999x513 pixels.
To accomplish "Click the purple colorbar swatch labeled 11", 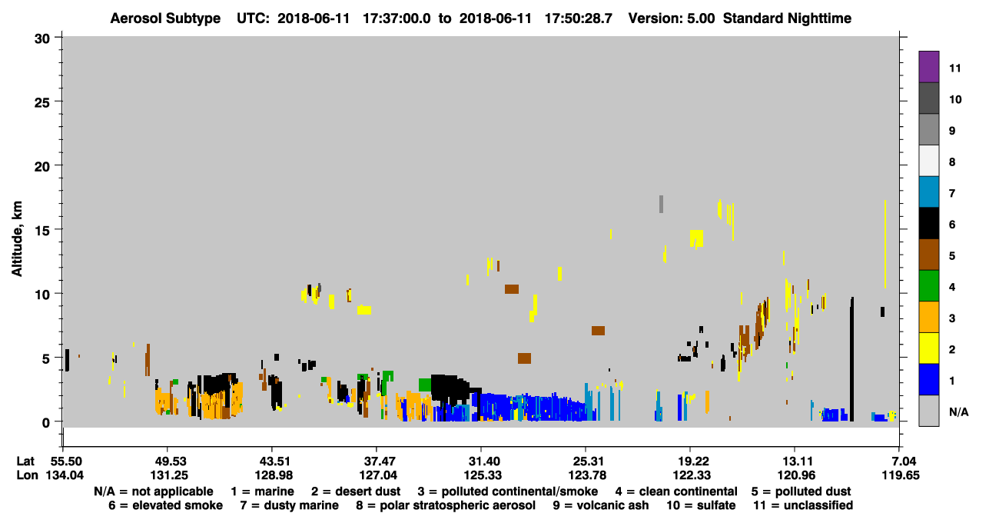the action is pyautogui.click(x=928, y=66).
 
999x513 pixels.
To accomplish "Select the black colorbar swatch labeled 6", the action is pyautogui.click(x=928, y=223).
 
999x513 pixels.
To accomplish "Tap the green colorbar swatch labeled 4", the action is pyautogui.click(x=928, y=286).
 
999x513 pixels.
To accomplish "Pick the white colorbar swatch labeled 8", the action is pyautogui.click(x=928, y=161).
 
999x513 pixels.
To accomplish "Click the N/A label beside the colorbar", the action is pyautogui.click(x=958, y=411).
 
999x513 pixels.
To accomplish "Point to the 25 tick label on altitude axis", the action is pyautogui.click(x=42, y=103).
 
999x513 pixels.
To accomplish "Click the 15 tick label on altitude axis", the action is pyautogui.click(x=42, y=231).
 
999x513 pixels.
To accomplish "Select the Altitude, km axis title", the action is pyautogui.click(x=16, y=239).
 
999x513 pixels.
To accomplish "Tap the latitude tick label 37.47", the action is pyautogui.click(x=377, y=461).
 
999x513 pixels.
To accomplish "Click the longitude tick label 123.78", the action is pyautogui.click(x=587, y=475).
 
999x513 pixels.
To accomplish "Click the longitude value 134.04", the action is pyautogui.click(x=65, y=475).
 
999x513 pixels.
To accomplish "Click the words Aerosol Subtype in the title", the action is pyautogui.click(x=165, y=18).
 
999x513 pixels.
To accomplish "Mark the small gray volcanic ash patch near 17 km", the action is pyautogui.click(x=661, y=204).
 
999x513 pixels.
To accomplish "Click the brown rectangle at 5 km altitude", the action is pyautogui.click(x=524, y=358).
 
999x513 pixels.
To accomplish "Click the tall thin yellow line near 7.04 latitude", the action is pyautogui.click(x=885, y=244).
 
